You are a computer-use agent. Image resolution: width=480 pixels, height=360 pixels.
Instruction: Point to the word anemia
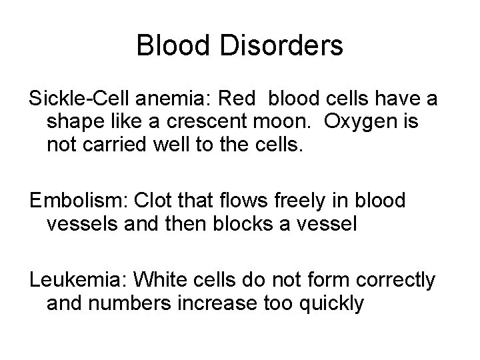coord(175,99)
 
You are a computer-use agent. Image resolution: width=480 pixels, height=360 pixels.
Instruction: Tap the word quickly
coord(331,303)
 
